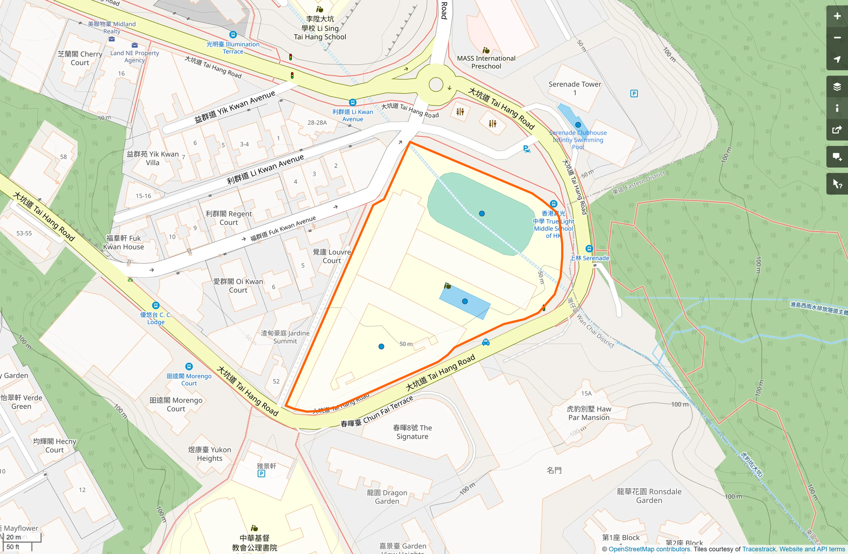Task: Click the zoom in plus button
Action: coord(837,16)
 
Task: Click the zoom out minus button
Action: coord(837,38)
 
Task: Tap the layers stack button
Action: coord(837,87)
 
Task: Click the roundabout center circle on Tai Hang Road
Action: coord(436,84)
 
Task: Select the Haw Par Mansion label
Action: coord(589,413)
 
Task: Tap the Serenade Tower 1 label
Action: coord(575,88)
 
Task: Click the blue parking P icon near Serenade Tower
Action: coord(634,94)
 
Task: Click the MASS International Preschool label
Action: coord(486,62)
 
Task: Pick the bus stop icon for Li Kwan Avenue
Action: coord(353,103)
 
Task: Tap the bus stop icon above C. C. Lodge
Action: coord(156,305)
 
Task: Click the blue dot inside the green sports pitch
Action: coord(482,213)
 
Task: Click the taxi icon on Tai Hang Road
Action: coord(486,342)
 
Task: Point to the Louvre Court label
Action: coord(332,256)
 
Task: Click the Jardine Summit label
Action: coord(285,337)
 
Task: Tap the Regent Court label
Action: coord(229,218)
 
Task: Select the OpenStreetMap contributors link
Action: coord(649,549)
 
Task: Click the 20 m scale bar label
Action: coord(14,537)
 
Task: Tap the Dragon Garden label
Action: coord(387,497)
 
